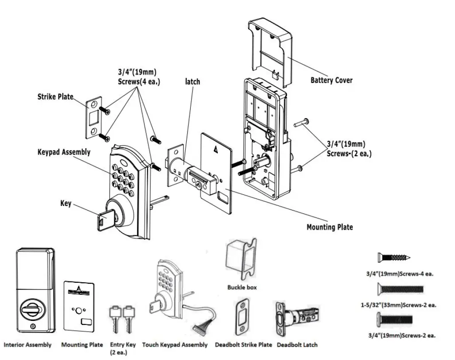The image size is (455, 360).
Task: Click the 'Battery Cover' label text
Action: tap(331, 80)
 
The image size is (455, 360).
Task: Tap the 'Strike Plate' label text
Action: tap(55, 97)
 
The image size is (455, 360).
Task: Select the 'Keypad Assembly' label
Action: tap(64, 152)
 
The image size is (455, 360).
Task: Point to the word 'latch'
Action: tap(192, 81)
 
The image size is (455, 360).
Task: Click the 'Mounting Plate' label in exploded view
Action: tap(329, 227)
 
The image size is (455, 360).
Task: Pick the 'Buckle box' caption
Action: tap(242, 287)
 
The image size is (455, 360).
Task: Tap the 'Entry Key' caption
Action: tap(123, 344)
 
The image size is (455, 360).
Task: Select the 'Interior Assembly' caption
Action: tap(28, 344)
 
